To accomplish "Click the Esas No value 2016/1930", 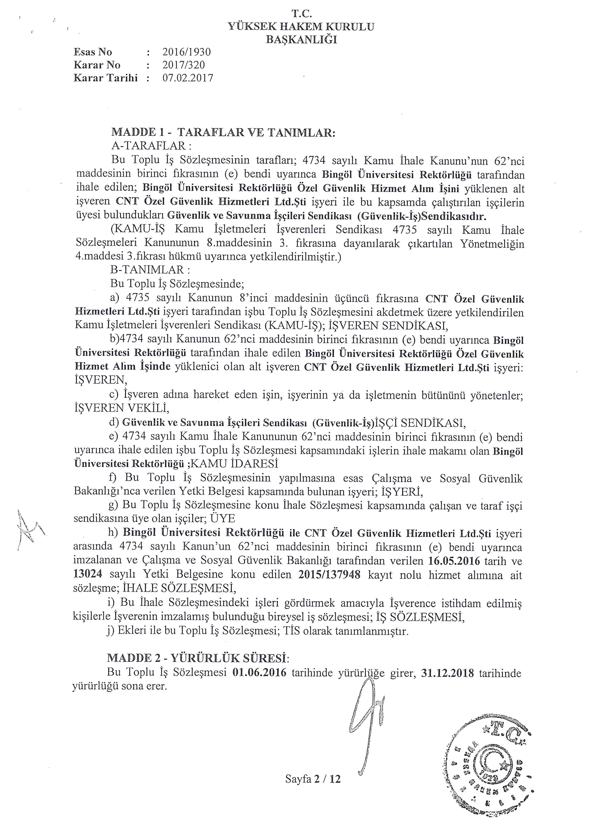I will [187, 52].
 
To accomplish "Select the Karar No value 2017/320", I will [184, 65].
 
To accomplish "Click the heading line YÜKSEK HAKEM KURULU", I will [301, 27].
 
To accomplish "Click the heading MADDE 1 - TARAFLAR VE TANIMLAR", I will [223, 132].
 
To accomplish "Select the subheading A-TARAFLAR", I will [151, 146].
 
